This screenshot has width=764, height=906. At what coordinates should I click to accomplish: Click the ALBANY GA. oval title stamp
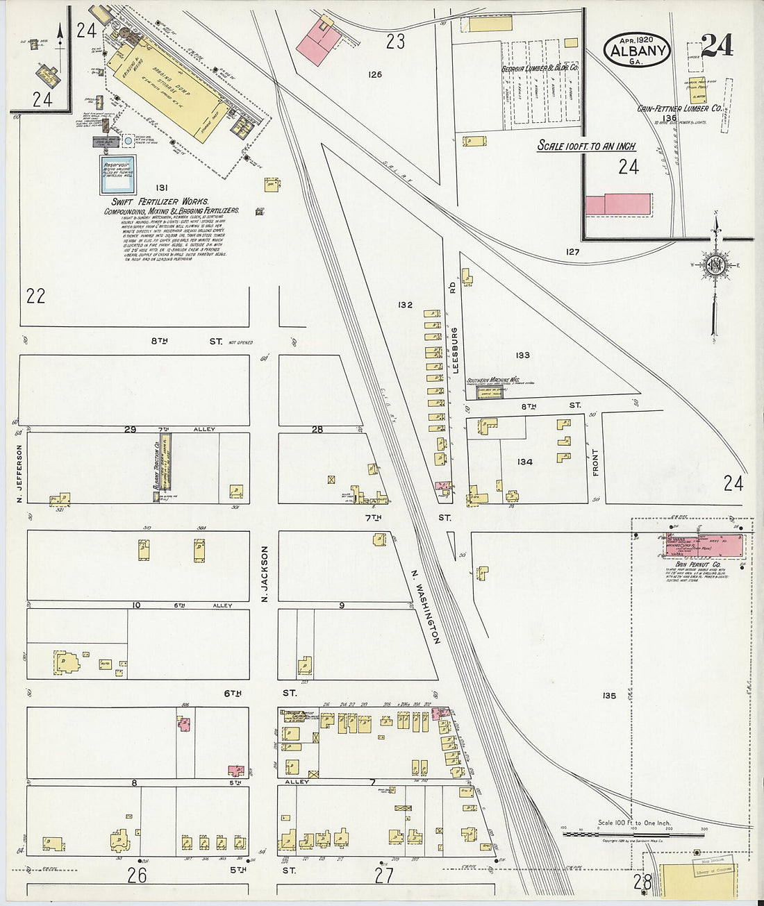click(x=637, y=49)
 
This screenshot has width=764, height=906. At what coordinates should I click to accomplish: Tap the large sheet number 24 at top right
click(x=717, y=46)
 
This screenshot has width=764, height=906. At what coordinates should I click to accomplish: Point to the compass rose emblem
click(x=715, y=266)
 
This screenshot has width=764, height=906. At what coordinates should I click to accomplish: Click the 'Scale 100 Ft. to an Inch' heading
click(x=587, y=146)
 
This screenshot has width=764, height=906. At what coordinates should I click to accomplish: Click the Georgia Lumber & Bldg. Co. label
click(x=540, y=69)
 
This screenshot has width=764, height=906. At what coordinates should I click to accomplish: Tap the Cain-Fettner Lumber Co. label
click(x=679, y=108)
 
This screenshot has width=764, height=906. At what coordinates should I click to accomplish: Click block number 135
click(x=610, y=695)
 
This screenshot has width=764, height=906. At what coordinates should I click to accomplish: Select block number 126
click(x=375, y=74)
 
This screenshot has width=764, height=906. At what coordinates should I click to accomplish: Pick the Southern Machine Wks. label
click(x=493, y=380)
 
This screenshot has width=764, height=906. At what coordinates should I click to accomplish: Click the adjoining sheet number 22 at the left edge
click(x=35, y=296)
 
